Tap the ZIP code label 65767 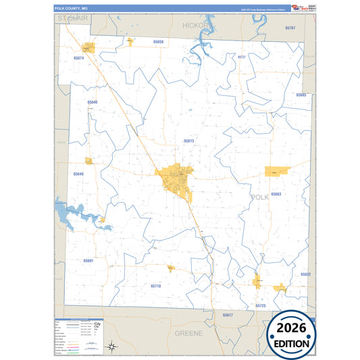click(290, 28)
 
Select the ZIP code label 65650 click(159, 42)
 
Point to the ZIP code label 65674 click(79, 58)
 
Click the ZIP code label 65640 click(93, 102)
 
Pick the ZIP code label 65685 click(301, 95)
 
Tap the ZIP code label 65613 click(189, 140)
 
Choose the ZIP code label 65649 click(79, 174)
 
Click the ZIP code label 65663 click(276, 194)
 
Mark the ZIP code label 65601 click(88, 260)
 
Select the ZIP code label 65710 click(156, 286)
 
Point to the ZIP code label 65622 click(305, 274)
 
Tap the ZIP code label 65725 click(261, 306)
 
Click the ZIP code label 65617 click(228, 315)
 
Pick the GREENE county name click(189, 334)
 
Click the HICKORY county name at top click(197, 24)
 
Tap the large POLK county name click(259, 197)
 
